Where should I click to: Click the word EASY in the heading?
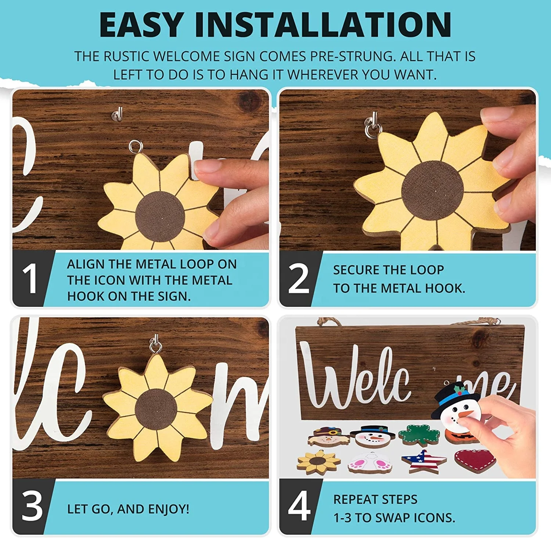pos(141,25)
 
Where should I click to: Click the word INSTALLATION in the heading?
pos(323,25)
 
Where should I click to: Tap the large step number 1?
pos(30,279)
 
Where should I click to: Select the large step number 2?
pos(299,279)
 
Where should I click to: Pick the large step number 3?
pos(32,506)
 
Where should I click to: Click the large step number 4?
pos(299,506)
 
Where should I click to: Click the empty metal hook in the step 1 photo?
pos(117,114)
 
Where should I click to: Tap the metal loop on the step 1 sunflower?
pos(136,147)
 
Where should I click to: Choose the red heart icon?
pos(474,461)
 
